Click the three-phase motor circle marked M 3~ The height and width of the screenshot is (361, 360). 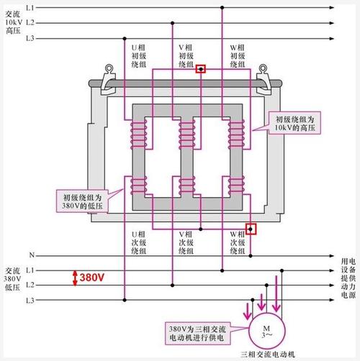point(267,331)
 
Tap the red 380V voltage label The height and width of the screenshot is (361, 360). point(92,278)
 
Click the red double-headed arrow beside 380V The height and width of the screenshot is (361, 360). point(75,278)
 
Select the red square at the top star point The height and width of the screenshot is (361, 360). point(201,69)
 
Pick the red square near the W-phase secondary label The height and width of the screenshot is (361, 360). point(251,229)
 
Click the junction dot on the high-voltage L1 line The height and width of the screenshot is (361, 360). point(222,8)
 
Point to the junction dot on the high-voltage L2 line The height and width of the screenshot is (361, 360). point(172,23)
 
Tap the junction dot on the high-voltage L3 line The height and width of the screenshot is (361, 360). point(125,38)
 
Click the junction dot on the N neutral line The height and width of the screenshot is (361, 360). point(251,256)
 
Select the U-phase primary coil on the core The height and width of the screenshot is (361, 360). point(138,134)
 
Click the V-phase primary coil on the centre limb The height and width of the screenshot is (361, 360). point(187,134)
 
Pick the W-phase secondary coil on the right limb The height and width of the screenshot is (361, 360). point(237,185)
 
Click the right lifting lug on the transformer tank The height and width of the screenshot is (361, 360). point(264,81)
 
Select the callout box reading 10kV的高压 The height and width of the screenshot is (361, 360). point(294,123)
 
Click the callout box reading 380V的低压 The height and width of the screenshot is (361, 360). point(82,201)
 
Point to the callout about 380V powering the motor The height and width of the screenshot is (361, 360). point(197,334)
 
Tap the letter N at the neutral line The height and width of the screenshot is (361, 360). point(32,255)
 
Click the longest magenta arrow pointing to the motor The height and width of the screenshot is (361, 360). point(276,294)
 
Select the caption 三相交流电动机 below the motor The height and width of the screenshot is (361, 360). point(267,355)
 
